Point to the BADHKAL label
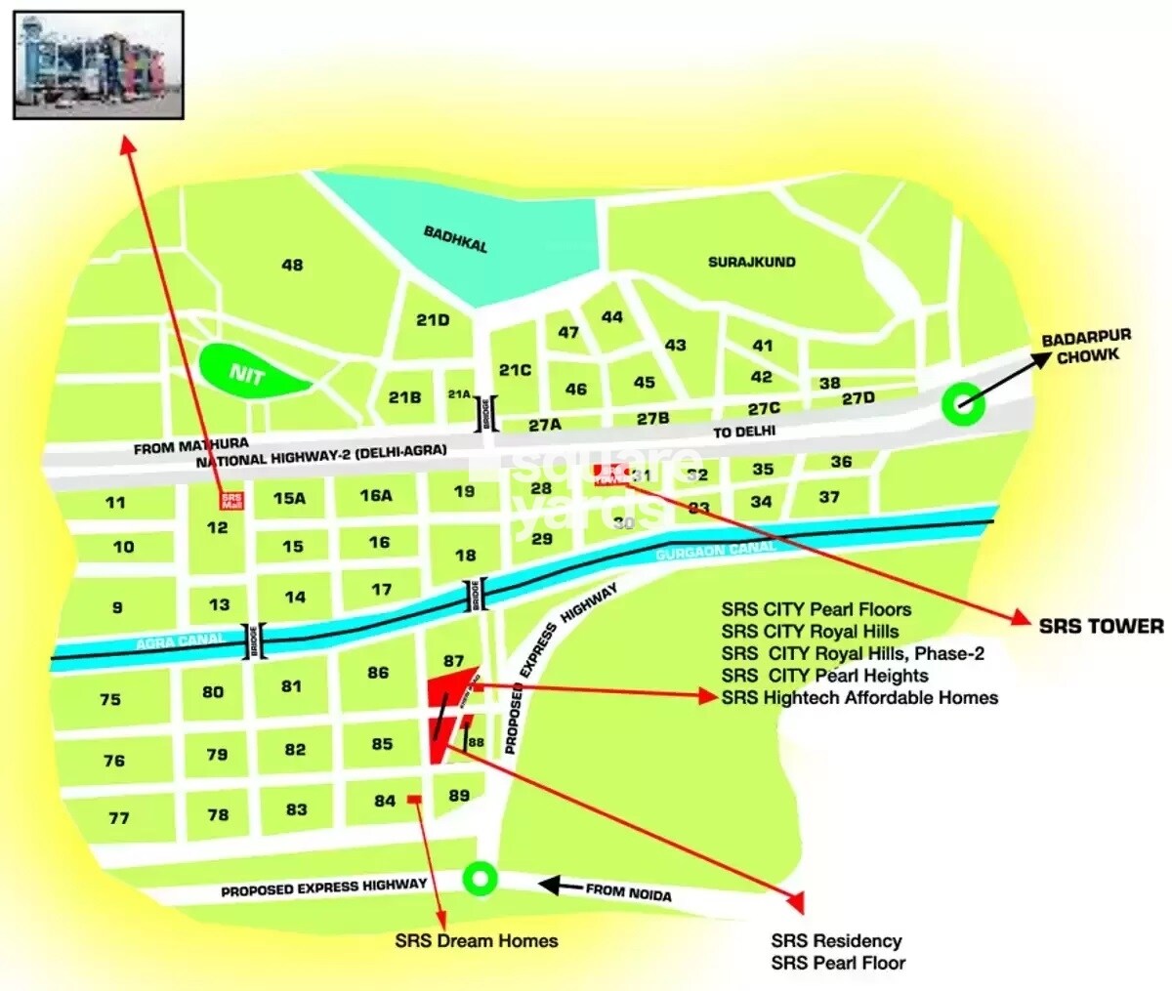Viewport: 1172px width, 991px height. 455,239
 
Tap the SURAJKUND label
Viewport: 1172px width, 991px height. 751,262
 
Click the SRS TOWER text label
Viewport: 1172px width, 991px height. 1101,626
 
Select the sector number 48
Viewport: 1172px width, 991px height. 292,265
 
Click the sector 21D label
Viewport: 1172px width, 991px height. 432,319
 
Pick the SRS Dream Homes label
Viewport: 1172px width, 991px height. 477,941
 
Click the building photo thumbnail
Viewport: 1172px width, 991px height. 99,64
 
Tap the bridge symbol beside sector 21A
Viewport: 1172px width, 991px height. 492,413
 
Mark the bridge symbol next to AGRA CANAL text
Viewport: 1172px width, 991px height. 255,641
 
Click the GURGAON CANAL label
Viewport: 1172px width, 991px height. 715,551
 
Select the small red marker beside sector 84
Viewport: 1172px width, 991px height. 414,800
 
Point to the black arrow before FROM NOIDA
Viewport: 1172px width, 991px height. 561,886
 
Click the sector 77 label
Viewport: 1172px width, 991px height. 118,817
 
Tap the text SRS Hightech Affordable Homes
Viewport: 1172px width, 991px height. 859,697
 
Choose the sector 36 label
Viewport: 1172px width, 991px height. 841,462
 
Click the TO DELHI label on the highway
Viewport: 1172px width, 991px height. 743,431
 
